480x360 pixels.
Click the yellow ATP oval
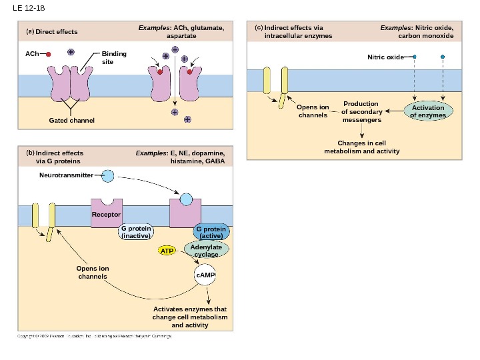[167, 251]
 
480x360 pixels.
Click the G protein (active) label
[211, 232]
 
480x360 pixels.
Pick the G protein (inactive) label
[135, 232]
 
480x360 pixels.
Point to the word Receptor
[106, 215]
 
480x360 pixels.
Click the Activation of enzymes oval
[427, 111]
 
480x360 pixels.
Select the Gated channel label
[72, 121]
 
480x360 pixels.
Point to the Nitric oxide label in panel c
[385, 57]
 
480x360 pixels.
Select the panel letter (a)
[29, 31]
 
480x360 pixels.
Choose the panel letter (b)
[29, 153]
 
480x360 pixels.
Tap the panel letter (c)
[259, 28]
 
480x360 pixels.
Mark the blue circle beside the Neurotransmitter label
[107, 175]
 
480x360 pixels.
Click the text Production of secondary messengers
[361, 112]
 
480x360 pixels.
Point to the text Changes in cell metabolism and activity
[362, 147]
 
